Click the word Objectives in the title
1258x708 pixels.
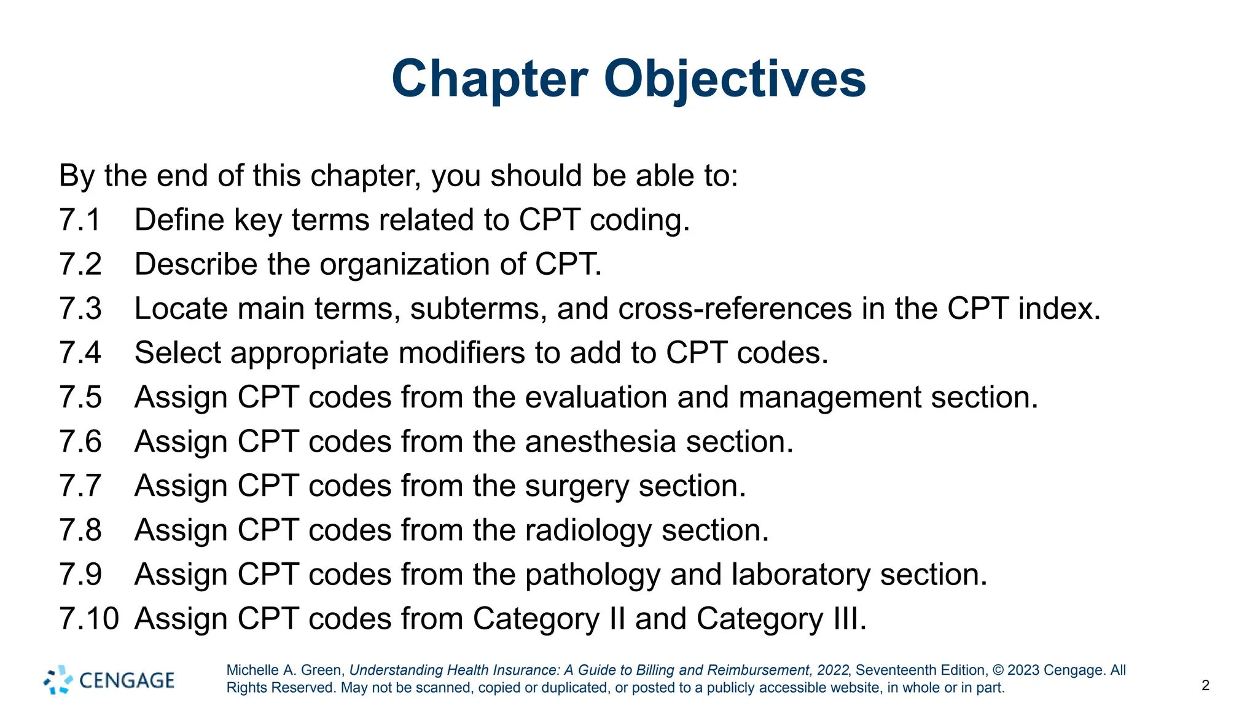pyautogui.click(x=735, y=80)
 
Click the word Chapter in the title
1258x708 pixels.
pyautogui.click(x=490, y=80)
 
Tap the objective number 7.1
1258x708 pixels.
pyautogui.click(x=80, y=220)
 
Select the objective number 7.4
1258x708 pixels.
pyautogui.click(x=80, y=353)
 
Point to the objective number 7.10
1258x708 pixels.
pyautogui.click(x=89, y=618)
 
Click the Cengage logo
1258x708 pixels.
pyautogui.click(x=109, y=680)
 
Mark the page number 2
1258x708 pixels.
pyautogui.click(x=1205, y=685)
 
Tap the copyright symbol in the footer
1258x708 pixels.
pyautogui.click(x=998, y=670)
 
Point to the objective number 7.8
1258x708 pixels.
pyautogui.click(x=80, y=530)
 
